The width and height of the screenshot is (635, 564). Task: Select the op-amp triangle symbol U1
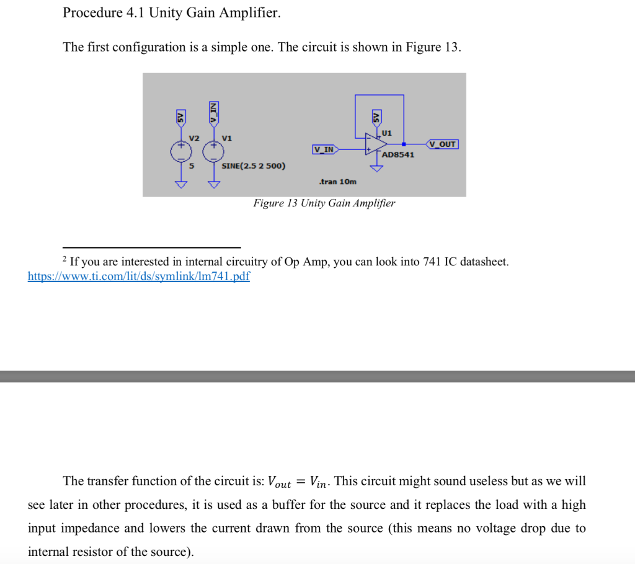point(374,144)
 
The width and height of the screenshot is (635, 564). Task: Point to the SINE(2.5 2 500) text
point(254,166)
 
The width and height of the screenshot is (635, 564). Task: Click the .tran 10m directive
point(337,182)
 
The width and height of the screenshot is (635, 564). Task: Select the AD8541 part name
point(398,154)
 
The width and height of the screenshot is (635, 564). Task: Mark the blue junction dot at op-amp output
point(404,144)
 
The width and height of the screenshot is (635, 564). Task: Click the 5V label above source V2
point(180,116)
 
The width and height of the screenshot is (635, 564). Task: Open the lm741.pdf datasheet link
point(138,276)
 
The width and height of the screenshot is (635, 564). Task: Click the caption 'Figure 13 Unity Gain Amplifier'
point(324,203)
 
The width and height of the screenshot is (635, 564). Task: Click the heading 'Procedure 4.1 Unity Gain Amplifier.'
point(172,13)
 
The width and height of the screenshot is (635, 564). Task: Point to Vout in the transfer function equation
point(279,482)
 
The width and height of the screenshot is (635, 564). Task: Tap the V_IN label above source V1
point(213,112)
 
